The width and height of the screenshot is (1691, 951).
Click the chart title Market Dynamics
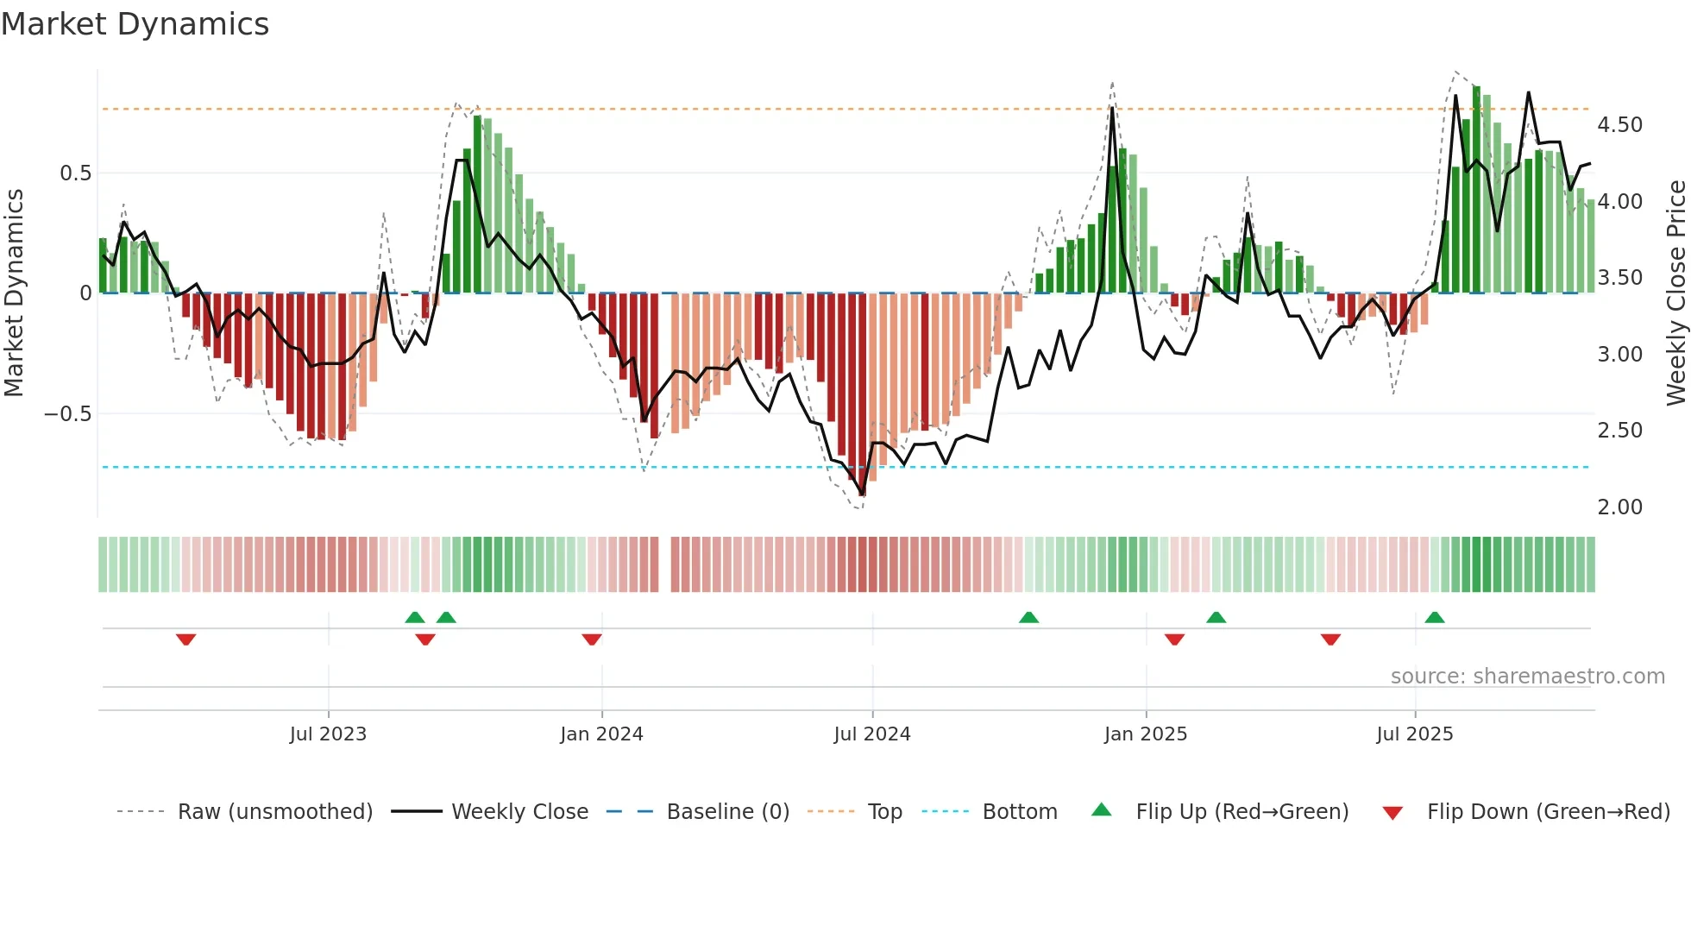click(x=135, y=24)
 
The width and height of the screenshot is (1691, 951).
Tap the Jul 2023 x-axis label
click(x=328, y=734)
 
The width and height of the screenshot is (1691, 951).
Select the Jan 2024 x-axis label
click(x=601, y=734)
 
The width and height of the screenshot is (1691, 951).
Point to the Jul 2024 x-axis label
click(x=872, y=734)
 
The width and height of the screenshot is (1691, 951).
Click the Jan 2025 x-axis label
click(x=1146, y=734)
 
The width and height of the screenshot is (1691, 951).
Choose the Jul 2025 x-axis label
click(x=1415, y=734)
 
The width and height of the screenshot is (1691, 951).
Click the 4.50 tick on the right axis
click(x=1620, y=125)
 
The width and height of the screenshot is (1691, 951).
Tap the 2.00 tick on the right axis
click(x=1620, y=507)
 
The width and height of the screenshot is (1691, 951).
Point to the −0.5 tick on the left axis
click(x=67, y=414)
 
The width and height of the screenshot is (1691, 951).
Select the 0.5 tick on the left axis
click(x=75, y=173)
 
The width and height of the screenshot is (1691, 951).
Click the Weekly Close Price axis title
click(x=1675, y=293)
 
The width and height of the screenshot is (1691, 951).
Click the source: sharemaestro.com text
click(x=1527, y=677)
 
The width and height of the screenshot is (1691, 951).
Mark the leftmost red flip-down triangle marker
click(x=185, y=639)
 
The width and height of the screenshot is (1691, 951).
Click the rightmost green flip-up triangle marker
click(x=1435, y=617)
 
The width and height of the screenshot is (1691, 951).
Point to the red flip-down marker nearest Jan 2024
click(x=592, y=639)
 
